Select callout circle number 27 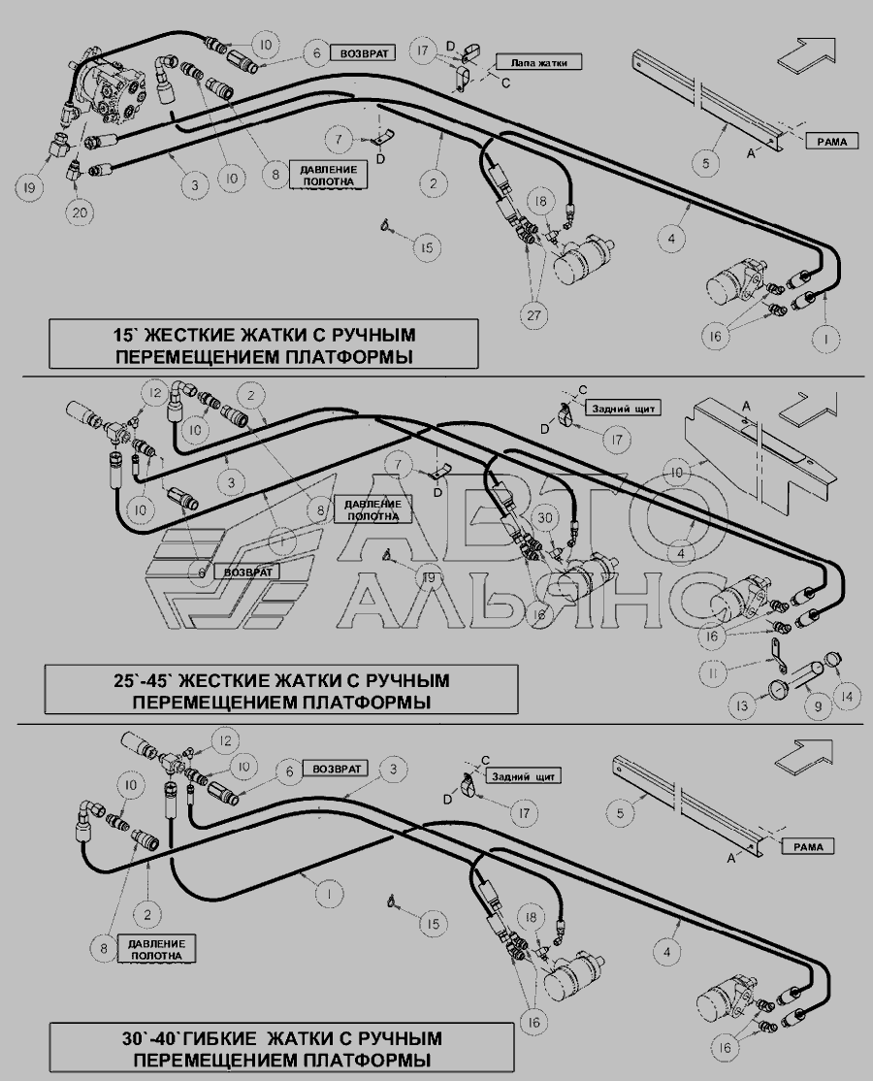(x=534, y=313)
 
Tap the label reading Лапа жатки (x=539, y=62)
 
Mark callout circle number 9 (x=816, y=707)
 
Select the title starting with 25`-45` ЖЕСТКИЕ (x=281, y=690)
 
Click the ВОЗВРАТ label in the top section (x=362, y=53)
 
